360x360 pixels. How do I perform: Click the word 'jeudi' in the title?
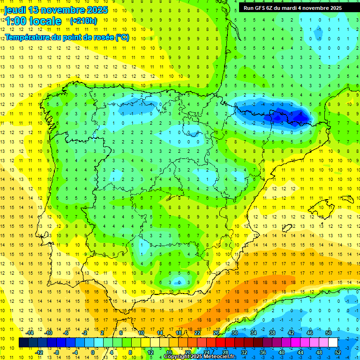click(x=15, y=10)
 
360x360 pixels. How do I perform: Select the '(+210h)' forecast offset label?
click(x=83, y=21)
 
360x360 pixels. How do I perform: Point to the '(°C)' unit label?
click(x=122, y=37)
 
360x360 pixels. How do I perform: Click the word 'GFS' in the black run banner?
click(x=261, y=8)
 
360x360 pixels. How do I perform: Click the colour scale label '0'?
click(x=93, y=352)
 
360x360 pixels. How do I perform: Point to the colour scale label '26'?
click(x=216, y=332)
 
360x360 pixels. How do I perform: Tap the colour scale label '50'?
click(x=329, y=332)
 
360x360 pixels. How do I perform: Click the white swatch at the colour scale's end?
click(x=333, y=343)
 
